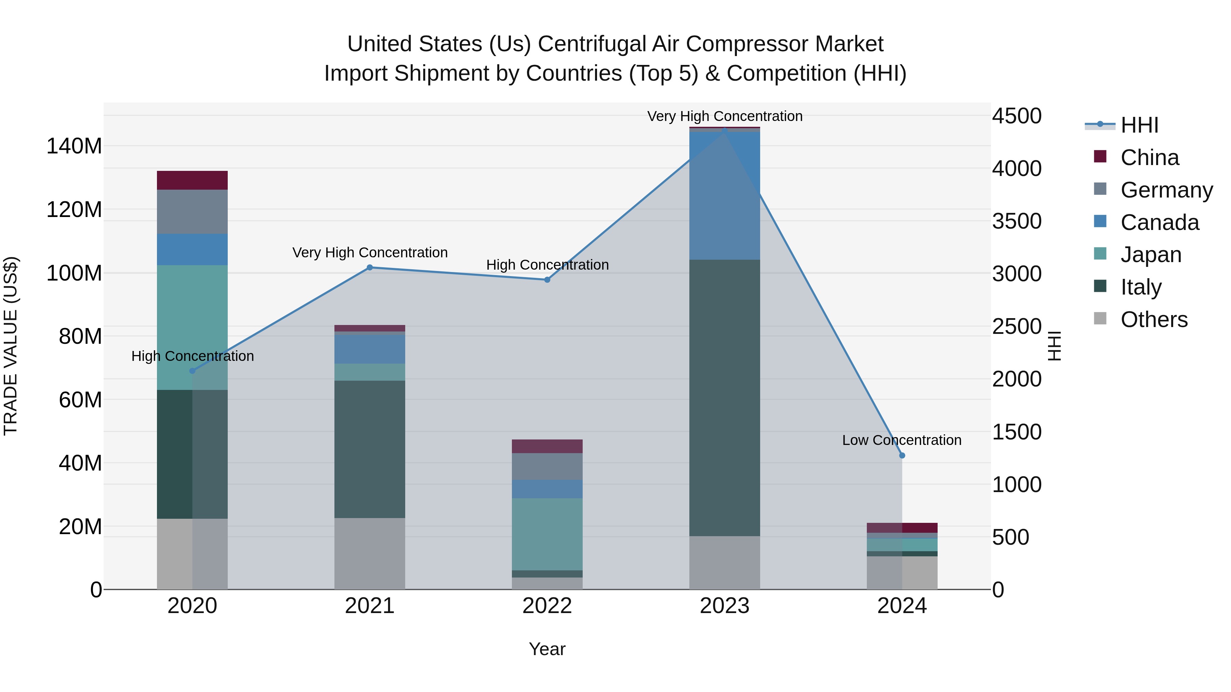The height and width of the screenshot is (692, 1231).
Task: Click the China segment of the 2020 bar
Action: point(192,180)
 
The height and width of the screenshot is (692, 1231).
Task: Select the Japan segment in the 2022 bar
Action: point(547,534)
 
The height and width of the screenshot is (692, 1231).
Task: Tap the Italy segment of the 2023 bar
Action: point(725,397)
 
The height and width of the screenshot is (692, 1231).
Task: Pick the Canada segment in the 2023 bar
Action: point(725,196)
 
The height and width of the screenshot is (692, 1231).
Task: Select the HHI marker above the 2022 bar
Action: point(547,280)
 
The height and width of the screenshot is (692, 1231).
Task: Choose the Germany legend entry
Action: point(1166,190)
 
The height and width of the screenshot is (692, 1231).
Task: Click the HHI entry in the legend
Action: point(1139,125)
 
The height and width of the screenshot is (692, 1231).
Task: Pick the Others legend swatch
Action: point(1100,318)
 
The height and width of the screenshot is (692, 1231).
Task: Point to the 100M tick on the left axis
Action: point(74,273)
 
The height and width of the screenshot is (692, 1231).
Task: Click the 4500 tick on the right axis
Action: point(1017,116)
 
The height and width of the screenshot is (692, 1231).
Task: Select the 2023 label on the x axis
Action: point(725,606)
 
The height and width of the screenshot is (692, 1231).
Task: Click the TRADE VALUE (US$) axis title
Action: point(11,346)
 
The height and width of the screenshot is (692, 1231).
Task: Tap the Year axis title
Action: point(547,649)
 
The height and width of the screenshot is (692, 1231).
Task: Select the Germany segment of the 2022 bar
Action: point(547,466)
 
